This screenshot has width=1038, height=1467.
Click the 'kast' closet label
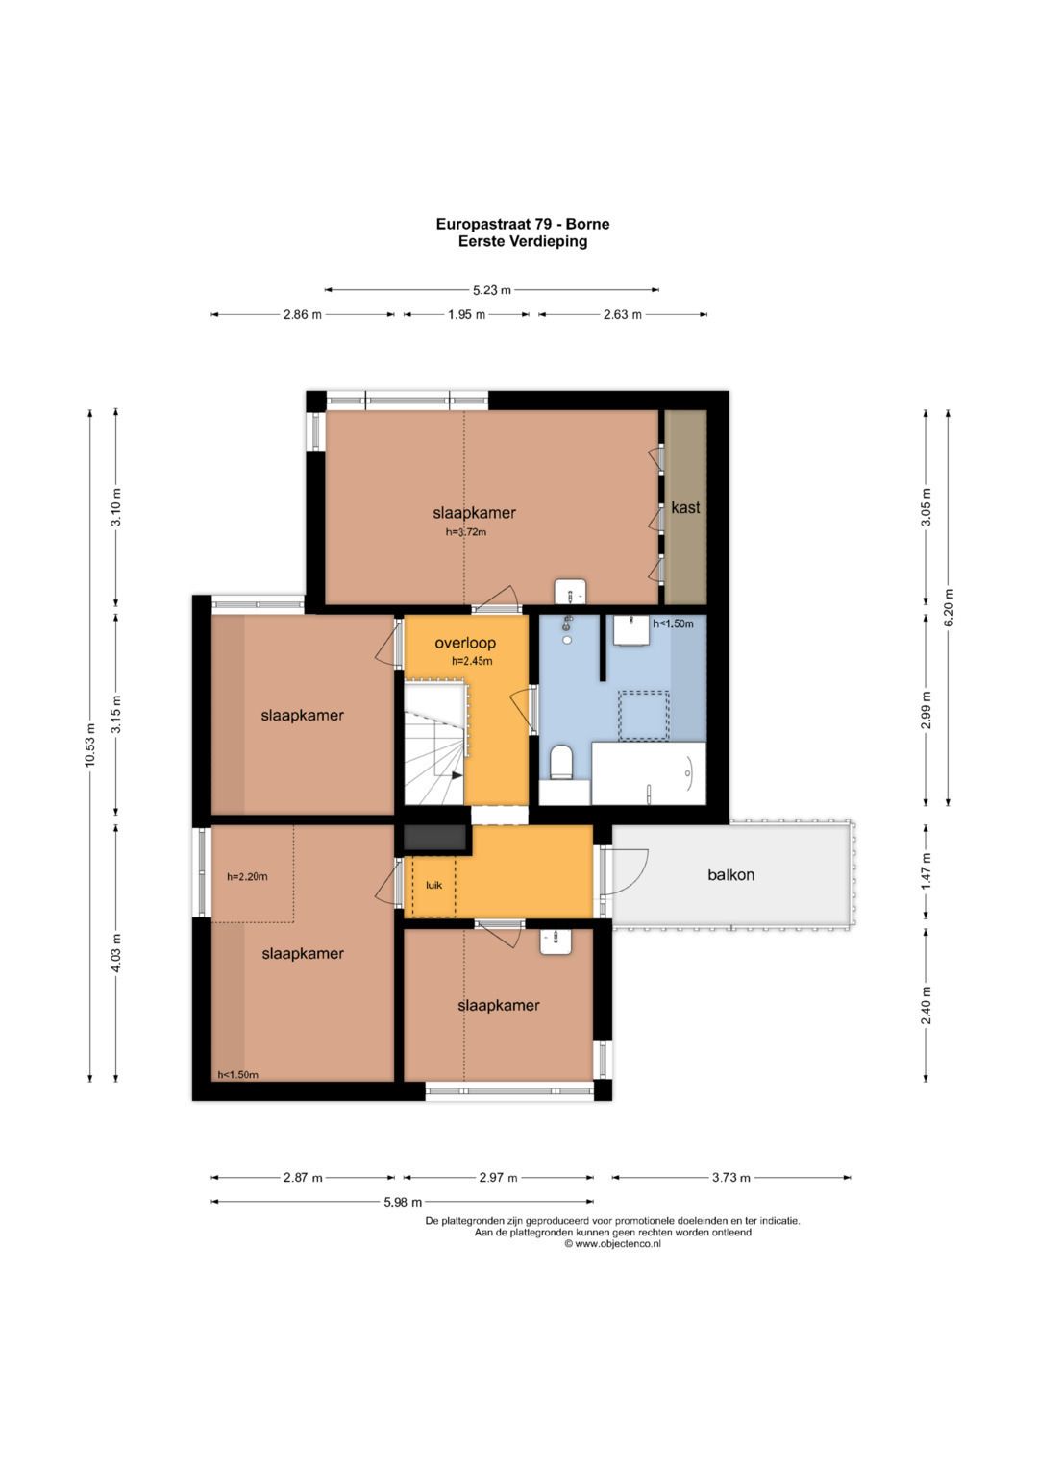[685, 507]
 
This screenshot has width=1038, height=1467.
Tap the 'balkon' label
[730, 875]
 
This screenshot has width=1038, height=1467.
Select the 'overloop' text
[465, 643]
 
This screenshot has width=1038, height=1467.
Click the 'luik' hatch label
[433, 885]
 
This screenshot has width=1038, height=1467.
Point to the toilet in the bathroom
[561, 762]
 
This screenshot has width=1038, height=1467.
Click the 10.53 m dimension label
[90, 746]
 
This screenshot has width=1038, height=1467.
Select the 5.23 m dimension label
[491, 290]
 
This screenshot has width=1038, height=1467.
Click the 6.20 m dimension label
[949, 607]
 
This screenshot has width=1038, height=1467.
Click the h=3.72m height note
[466, 532]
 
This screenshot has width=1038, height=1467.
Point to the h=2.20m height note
[247, 877]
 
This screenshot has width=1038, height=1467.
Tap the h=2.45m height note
[472, 662]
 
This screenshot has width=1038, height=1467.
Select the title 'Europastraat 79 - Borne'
[523, 224]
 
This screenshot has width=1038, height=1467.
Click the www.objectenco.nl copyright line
[613, 1244]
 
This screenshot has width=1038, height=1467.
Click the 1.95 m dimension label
[466, 315]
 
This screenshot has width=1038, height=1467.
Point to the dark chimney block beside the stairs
[433, 839]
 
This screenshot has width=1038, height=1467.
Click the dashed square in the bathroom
[644, 715]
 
